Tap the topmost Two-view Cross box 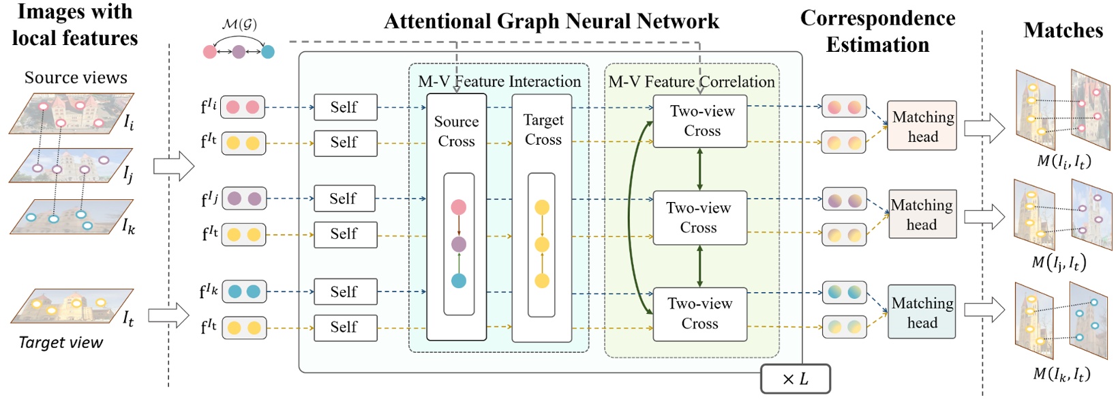pyautogui.click(x=700, y=121)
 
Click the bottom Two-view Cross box pyautogui.click(x=699, y=314)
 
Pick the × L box pyautogui.click(x=795, y=379)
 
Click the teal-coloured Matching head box pyautogui.click(x=922, y=313)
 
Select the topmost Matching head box pyautogui.click(x=922, y=126)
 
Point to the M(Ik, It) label pyautogui.click(x=1061, y=374)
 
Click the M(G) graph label pyautogui.click(x=239, y=25)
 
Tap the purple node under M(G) pyautogui.click(x=239, y=52)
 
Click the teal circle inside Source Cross pyautogui.click(x=459, y=280)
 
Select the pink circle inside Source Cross pyautogui.click(x=459, y=207)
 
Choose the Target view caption pyautogui.click(x=61, y=343)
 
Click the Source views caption pyautogui.click(x=76, y=78)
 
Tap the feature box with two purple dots pyautogui.click(x=244, y=199)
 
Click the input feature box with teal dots pyautogui.click(x=244, y=291)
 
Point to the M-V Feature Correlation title pyautogui.click(x=691, y=82)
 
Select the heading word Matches pyautogui.click(x=1063, y=31)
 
